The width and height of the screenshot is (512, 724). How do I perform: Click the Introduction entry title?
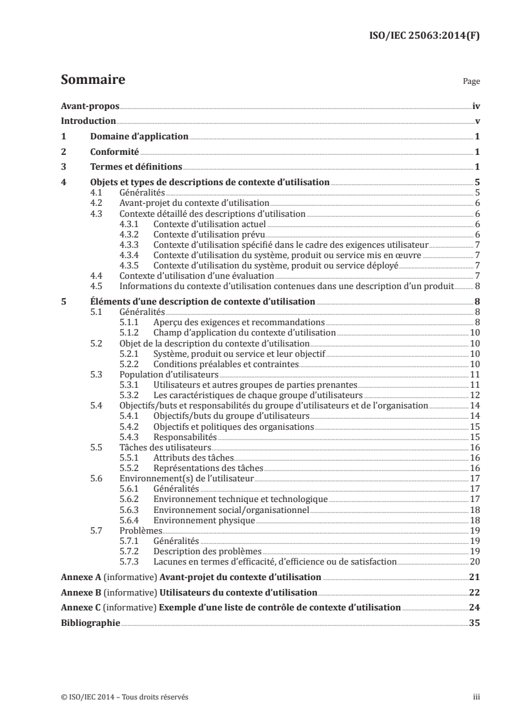[88, 121]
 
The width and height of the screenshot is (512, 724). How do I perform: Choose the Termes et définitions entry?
[136, 167]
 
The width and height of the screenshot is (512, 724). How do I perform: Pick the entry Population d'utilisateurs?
[169, 374]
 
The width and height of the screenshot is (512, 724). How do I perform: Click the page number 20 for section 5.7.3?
[475, 561]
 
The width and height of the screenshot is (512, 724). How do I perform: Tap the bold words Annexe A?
[77, 576]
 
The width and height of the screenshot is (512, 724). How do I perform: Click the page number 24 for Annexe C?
[475, 607]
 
